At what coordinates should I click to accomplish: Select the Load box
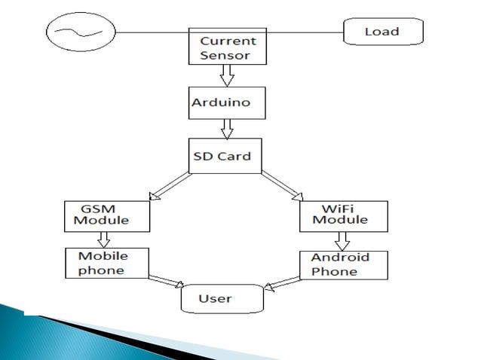[x=381, y=32]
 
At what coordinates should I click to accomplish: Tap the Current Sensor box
[x=227, y=47]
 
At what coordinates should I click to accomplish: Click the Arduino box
[x=227, y=102]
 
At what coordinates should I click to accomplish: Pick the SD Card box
[x=225, y=155]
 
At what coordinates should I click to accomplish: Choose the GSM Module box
[x=106, y=215]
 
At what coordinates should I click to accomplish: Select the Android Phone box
[x=340, y=265]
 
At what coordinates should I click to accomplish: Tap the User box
[x=222, y=299]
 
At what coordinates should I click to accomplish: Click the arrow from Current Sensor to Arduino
[x=227, y=75]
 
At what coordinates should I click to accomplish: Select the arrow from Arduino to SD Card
[x=227, y=129]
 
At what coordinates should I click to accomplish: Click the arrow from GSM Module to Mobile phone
[x=104, y=239]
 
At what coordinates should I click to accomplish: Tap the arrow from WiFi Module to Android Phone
[x=341, y=240]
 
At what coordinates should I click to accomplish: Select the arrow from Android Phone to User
[x=284, y=281]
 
